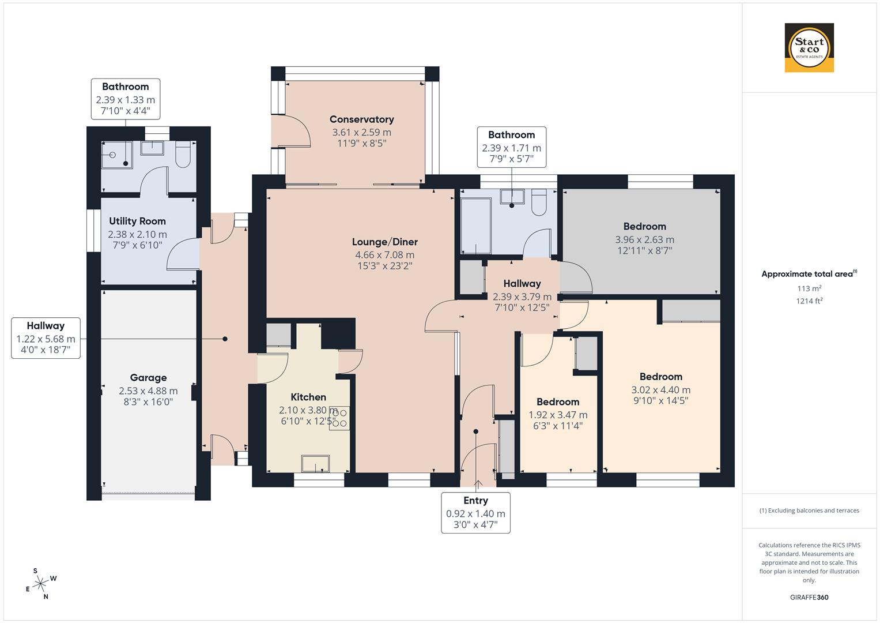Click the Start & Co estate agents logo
809,48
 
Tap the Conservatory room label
361,119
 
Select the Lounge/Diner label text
384,242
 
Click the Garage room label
148,378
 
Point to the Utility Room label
137,221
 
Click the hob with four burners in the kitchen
339,418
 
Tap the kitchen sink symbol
316,464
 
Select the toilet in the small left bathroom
183,155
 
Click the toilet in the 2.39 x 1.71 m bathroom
539,202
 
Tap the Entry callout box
475,512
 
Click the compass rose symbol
40,584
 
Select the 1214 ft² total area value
809,301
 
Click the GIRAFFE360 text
809,597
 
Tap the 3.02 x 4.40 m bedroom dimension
660,390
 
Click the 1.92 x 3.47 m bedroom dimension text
558,415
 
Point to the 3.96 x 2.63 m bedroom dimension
644,239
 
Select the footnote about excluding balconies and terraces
809,511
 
